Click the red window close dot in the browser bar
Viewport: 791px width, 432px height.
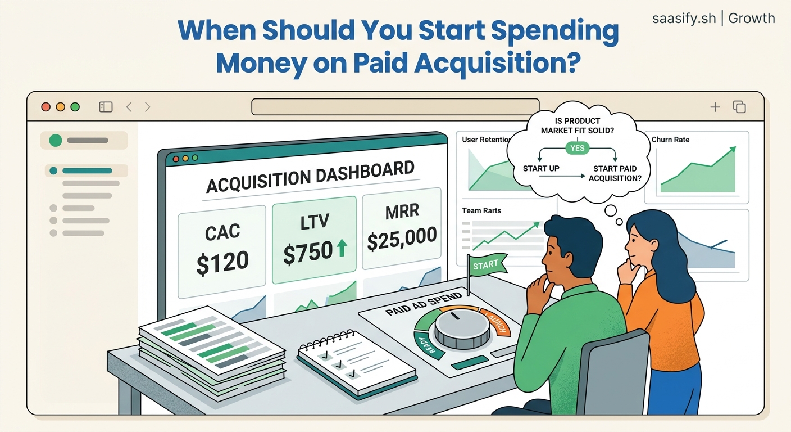point(46,107)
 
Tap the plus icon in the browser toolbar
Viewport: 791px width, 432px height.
point(715,107)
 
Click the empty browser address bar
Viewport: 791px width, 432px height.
point(395,106)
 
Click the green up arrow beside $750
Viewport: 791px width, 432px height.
point(341,248)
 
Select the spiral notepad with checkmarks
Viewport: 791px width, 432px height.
point(357,358)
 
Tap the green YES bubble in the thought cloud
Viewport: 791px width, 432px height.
point(577,148)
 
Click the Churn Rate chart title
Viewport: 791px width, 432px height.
point(670,139)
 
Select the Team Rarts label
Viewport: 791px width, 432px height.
point(481,210)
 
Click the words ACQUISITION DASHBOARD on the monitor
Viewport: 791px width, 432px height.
point(311,177)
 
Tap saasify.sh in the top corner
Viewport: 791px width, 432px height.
point(684,18)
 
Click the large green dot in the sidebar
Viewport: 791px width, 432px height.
point(55,141)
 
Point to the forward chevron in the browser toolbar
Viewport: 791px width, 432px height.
point(147,107)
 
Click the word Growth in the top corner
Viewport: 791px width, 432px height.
point(752,18)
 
